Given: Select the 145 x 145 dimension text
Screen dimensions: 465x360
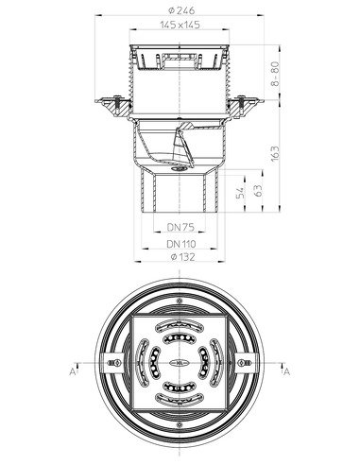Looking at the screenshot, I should click(x=179, y=26).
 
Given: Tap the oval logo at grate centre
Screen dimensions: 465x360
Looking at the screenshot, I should click(x=179, y=360).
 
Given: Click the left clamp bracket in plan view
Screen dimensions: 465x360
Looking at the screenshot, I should click(x=113, y=360).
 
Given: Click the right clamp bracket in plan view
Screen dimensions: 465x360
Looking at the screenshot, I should click(x=245, y=360).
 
